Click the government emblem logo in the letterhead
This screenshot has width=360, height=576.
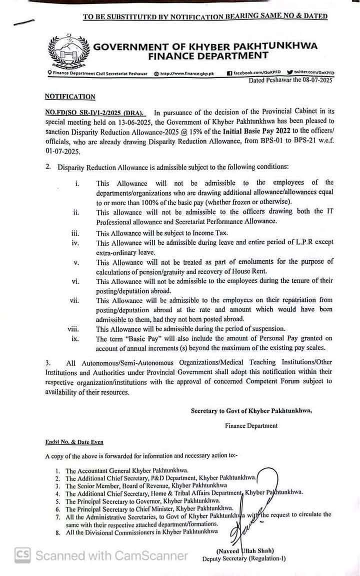68,52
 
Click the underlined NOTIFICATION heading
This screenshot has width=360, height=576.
69,97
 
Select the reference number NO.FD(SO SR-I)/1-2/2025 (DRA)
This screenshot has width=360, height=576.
94,113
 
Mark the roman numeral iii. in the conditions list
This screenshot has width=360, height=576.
76,233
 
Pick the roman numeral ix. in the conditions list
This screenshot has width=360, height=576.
76,339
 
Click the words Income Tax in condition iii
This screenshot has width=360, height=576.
207,233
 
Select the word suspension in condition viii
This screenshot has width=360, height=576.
265,329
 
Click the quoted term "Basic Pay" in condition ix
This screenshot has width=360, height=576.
145,339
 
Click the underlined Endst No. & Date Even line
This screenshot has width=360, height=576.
74,442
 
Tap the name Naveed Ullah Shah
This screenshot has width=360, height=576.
244,550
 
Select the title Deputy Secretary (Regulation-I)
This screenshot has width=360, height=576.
244,558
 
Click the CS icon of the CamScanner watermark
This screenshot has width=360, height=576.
22,555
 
